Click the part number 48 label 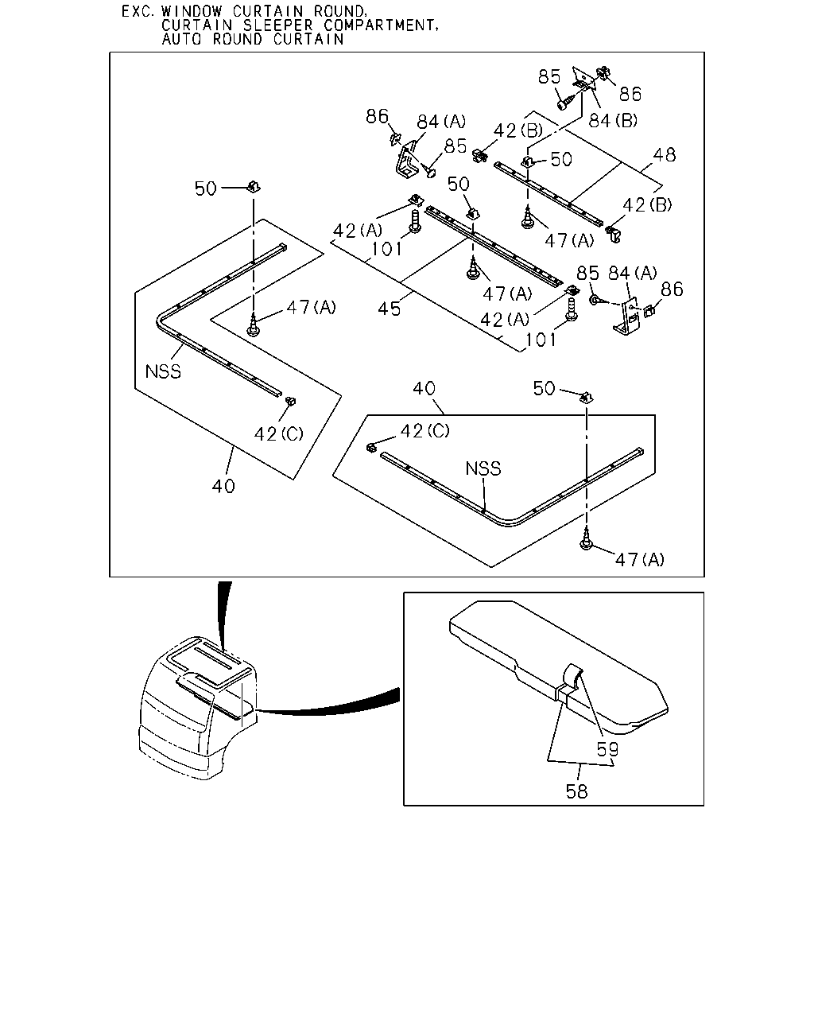point(664,155)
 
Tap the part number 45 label point(390,309)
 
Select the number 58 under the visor point(576,791)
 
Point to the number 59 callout point(607,749)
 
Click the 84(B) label point(613,121)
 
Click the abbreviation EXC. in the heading point(138,11)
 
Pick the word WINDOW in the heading point(192,11)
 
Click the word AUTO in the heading point(181,39)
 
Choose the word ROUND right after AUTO point(238,39)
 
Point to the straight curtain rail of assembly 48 point(548,194)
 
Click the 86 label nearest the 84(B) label point(630,94)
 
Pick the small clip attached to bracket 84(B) point(604,73)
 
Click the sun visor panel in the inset point(558,667)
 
